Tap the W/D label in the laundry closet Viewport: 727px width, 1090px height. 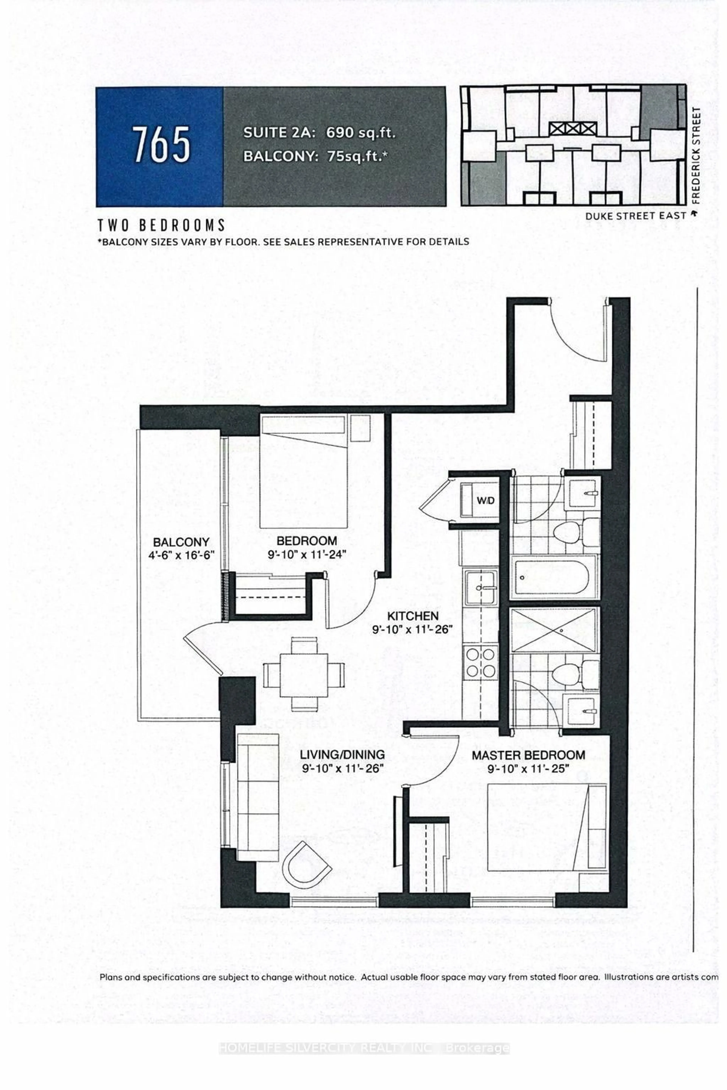coord(485,501)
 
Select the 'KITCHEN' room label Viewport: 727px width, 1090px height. coord(413,616)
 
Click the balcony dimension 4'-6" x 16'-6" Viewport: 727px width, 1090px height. coord(181,555)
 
